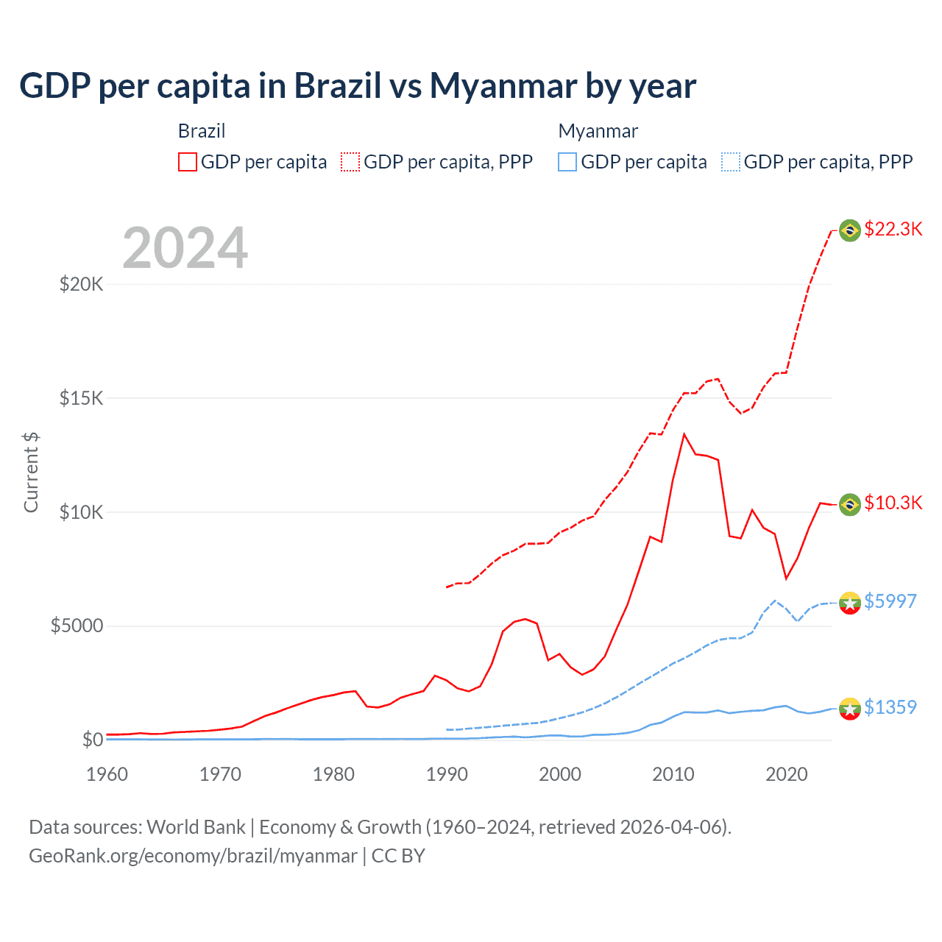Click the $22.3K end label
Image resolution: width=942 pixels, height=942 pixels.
pos(893,230)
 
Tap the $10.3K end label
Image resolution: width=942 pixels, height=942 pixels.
pos(893,503)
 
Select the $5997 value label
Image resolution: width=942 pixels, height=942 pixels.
pos(890,602)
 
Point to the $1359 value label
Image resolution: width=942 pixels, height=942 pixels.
pos(890,708)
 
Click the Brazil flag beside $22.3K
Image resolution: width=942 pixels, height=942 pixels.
pos(850,230)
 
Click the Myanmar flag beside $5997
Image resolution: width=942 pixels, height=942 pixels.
pos(850,603)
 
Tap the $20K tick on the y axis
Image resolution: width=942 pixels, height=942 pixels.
pos(81,284)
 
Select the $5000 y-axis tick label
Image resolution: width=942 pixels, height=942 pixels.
pos(77,626)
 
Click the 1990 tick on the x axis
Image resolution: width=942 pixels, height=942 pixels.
pos(447,774)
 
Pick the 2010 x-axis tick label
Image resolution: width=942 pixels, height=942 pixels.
pos(673,774)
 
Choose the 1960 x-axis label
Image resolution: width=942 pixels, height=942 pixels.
pos(107,774)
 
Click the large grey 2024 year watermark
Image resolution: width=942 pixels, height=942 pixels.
pos(185,248)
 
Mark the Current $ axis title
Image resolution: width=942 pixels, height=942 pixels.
pos(31,472)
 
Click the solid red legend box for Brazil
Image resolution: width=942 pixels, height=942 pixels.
pos(188,162)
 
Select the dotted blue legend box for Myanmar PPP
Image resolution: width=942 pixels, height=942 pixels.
pos(731,162)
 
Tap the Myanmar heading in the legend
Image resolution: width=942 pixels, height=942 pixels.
pos(598,131)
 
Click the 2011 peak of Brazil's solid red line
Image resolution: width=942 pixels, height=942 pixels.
pos(684,434)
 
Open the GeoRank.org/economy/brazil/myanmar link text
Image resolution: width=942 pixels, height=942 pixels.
pos(193,856)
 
